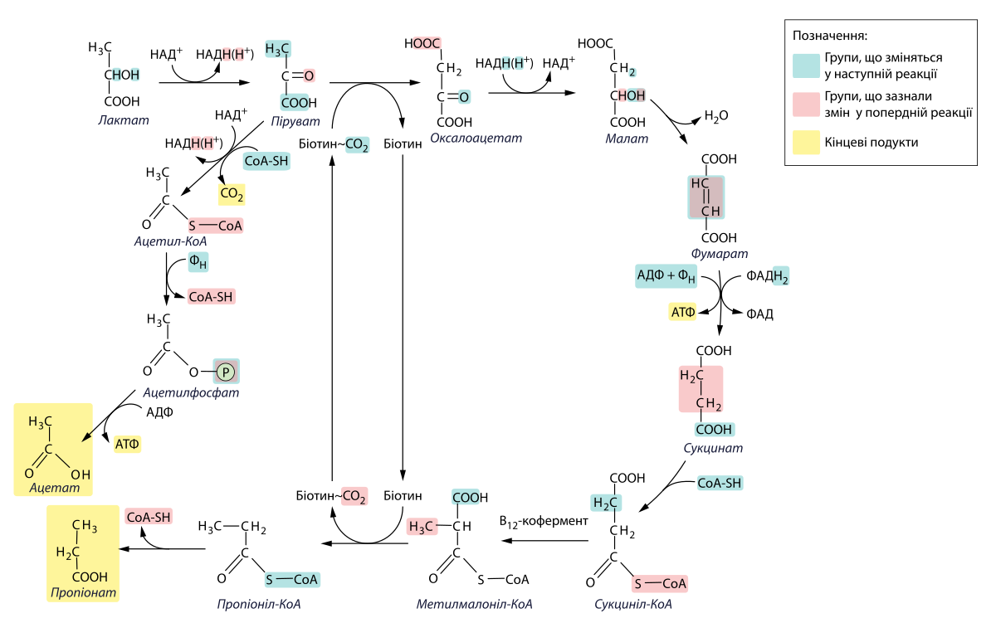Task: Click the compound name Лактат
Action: point(124,120)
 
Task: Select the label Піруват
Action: point(295,121)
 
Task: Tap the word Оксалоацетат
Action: point(476,138)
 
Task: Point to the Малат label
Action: point(626,139)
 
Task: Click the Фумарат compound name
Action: point(719,254)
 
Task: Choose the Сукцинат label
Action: point(713,449)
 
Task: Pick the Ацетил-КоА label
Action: point(170,242)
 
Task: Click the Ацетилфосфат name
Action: point(191,392)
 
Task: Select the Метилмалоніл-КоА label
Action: point(474,604)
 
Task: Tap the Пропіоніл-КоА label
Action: point(258,604)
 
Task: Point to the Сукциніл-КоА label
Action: point(633,604)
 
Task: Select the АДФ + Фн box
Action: point(666,275)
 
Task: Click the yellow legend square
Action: point(806,143)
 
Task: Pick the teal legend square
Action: point(806,66)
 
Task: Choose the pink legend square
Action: point(806,105)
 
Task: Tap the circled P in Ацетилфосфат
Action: point(225,372)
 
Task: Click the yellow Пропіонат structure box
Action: point(82,552)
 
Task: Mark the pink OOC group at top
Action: point(427,43)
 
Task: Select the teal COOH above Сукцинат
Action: point(714,430)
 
